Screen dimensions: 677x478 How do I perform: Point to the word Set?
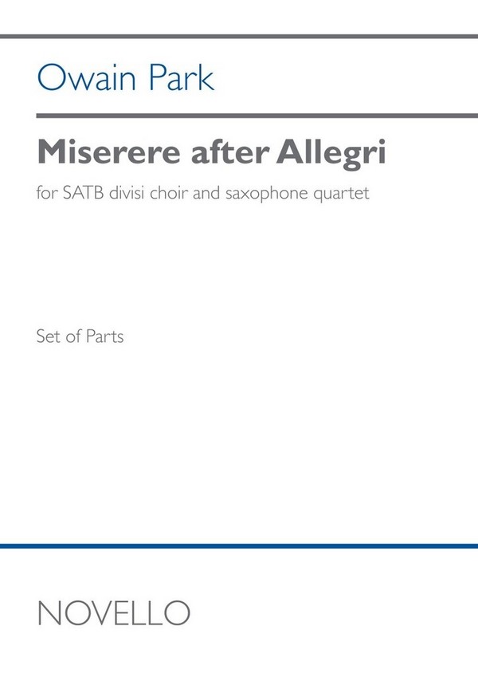pyautogui.click(x=48, y=337)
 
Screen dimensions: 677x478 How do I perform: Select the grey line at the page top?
pyautogui.click(x=239, y=37)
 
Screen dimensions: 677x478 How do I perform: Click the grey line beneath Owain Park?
pyautogui.click(x=239, y=116)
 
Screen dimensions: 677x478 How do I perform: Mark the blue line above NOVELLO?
pyautogui.click(x=239, y=545)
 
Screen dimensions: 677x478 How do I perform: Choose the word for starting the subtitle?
pyautogui.click(x=45, y=195)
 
